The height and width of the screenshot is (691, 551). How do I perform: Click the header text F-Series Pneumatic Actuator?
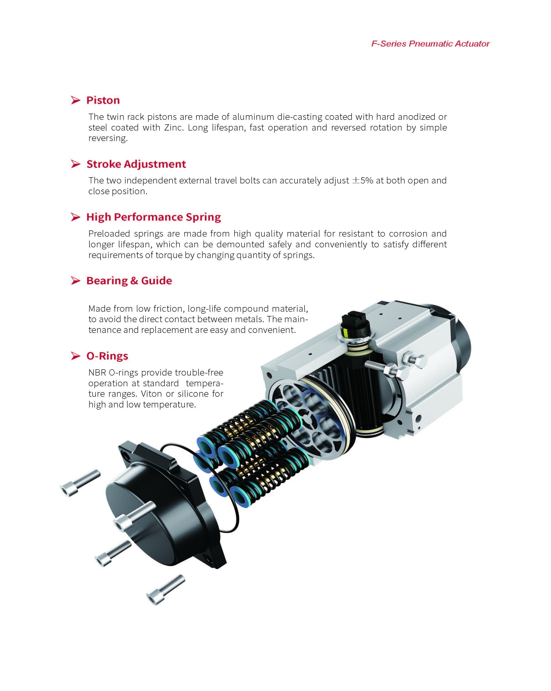pos(430,44)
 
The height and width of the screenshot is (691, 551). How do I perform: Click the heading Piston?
pos(103,100)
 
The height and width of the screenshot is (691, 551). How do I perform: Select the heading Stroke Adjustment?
pos(136,164)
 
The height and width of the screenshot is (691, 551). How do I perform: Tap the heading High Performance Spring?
pos(153,217)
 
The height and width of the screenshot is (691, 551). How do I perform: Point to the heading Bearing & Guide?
pos(129,281)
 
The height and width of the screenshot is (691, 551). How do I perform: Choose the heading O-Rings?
pos(107,356)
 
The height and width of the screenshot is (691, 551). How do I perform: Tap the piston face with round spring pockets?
pos(305,420)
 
